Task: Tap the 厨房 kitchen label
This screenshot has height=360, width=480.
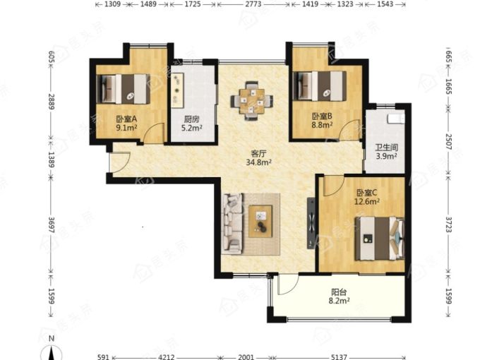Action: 191,119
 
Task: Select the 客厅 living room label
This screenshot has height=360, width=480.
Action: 258,153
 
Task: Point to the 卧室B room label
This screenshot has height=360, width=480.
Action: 323,116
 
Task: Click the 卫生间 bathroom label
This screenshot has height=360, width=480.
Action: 387,148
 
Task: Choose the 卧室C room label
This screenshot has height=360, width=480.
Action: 367,193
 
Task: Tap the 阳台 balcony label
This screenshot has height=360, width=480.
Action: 340,292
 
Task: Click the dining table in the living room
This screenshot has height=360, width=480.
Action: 251,101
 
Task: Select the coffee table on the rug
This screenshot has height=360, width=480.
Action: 260,221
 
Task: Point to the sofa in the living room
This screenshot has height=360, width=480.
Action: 233,224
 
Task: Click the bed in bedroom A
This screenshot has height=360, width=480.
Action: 124,89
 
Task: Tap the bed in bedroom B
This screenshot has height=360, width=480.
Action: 320,86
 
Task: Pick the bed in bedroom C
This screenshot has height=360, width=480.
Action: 380,239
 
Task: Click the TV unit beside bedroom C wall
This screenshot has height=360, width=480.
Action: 311,223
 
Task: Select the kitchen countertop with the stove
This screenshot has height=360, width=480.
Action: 178,90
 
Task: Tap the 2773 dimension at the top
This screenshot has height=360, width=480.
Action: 254,4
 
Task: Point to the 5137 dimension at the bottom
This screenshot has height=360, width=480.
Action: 339,356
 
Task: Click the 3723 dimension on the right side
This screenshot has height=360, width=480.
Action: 449,224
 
